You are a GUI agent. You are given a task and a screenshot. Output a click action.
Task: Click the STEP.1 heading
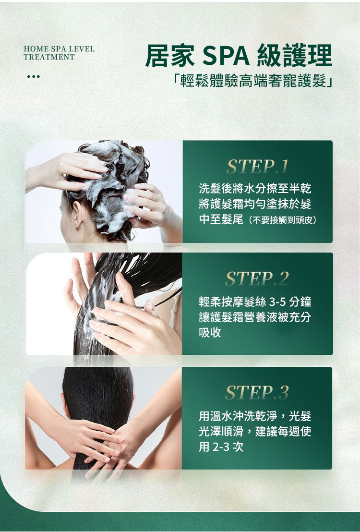pyautogui.click(x=257, y=166)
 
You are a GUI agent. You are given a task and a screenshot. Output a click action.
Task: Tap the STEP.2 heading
pyautogui.click(x=257, y=278)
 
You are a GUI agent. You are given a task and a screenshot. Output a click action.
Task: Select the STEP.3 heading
pyautogui.click(x=257, y=393)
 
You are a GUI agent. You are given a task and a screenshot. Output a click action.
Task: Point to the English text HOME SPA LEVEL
pyautogui.click(x=59, y=49)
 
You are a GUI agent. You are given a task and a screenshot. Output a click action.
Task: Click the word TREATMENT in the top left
pyautogui.click(x=49, y=57)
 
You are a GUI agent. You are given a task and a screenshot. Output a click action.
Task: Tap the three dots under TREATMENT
pyautogui.click(x=34, y=77)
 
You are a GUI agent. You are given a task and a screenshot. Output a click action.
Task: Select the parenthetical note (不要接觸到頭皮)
pyautogui.click(x=282, y=220)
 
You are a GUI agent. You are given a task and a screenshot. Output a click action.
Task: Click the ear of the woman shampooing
pyautogui.click(x=77, y=214)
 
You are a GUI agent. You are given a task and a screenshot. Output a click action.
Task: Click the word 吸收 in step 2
pyautogui.click(x=210, y=332)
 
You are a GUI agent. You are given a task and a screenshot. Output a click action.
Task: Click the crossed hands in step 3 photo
pyautogui.click(x=102, y=441)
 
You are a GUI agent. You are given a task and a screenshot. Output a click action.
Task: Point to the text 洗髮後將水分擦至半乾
pyautogui.click(x=255, y=188)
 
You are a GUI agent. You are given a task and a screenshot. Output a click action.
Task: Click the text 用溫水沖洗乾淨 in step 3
pyautogui.click(x=238, y=416)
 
